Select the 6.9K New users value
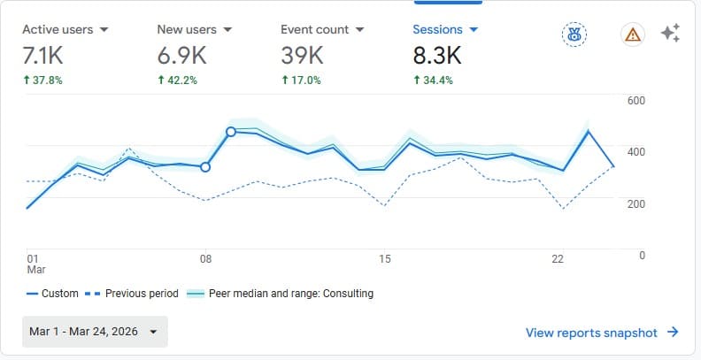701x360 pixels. click(181, 56)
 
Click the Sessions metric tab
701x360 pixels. click(445, 29)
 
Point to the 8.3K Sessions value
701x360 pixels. click(437, 56)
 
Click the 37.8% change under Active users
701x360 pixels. click(43, 80)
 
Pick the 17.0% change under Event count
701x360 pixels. click(301, 80)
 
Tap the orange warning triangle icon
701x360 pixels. click(632, 34)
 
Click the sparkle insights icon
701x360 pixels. click(670, 34)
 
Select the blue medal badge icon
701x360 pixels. click(574, 34)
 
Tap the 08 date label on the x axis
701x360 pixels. click(205, 259)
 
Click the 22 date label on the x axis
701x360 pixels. click(558, 259)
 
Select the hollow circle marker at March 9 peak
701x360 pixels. click(231, 132)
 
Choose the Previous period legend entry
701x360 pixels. click(135, 294)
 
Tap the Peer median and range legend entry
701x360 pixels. click(281, 294)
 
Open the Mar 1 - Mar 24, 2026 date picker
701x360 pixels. click(95, 332)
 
